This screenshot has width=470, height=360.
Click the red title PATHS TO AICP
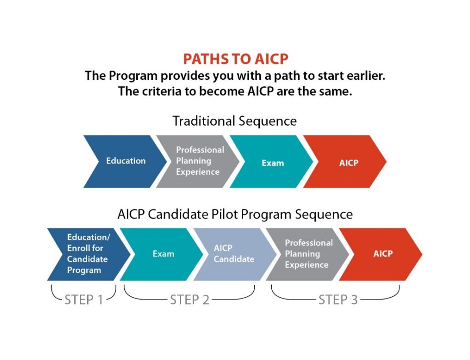(235, 59)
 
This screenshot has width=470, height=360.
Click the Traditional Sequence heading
(235, 121)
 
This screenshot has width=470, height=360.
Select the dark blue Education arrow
(125, 161)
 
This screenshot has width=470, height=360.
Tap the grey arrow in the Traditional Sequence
(198, 161)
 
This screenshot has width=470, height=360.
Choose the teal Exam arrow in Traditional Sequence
(272, 161)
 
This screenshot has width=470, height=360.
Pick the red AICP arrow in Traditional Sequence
(345, 161)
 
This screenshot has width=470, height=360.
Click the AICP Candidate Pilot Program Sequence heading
(235, 215)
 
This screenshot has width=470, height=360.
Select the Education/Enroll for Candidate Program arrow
(89, 254)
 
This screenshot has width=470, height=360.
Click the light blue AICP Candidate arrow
(235, 254)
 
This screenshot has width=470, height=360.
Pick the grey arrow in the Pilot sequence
(308, 254)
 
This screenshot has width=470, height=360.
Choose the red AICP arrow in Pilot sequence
(380, 254)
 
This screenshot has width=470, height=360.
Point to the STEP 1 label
(84, 300)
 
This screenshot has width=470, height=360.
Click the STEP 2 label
(190, 300)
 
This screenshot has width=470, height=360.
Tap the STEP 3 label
(338, 300)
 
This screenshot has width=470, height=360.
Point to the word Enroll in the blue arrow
(77, 248)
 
